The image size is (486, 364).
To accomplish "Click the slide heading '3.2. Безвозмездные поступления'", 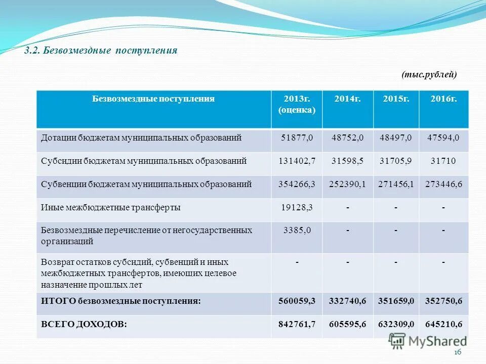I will (x=101, y=51).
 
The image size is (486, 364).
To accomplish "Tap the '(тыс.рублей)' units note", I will (x=429, y=75).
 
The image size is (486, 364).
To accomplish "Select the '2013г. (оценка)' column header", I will (x=297, y=104).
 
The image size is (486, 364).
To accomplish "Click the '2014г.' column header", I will (x=347, y=99).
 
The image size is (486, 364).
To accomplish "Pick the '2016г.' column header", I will (x=443, y=99).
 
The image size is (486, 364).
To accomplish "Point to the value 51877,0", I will (x=297, y=138).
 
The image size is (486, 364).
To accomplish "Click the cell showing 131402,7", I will (x=297, y=161).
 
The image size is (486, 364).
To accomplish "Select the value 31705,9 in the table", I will (x=395, y=161).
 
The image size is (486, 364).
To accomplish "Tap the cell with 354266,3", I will (x=297, y=184).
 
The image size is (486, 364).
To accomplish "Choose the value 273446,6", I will (x=443, y=184).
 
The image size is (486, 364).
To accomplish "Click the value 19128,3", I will (x=297, y=207).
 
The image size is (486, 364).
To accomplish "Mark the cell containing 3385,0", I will (x=297, y=230).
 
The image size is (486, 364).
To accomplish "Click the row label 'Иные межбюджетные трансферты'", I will (x=111, y=207).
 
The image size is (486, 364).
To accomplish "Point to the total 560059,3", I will (x=297, y=301).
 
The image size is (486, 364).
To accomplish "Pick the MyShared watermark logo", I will (x=428, y=341).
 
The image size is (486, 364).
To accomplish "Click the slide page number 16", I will (x=458, y=353).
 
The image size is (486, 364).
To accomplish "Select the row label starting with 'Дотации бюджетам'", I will (x=141, y=138).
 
